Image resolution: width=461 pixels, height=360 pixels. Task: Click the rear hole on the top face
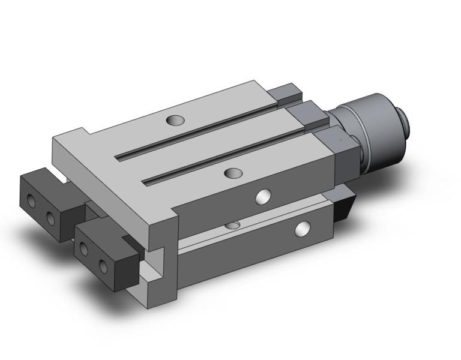click(176, 120)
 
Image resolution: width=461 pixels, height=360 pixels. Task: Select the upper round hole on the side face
click(262, 196)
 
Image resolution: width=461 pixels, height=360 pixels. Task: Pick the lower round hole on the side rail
click(303, 228)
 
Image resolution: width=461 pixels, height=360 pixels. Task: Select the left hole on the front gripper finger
click(84, 248)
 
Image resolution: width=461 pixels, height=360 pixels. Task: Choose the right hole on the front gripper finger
click(104, 265)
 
